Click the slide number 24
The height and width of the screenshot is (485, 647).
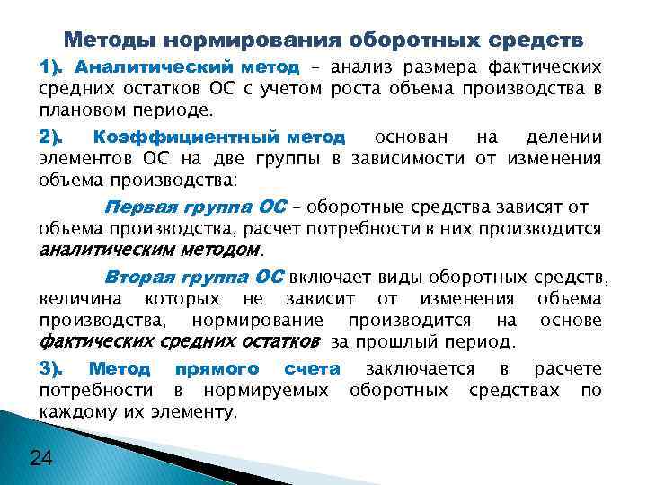40,459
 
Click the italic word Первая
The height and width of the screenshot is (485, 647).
136,207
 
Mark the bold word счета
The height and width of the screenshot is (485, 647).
311,369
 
